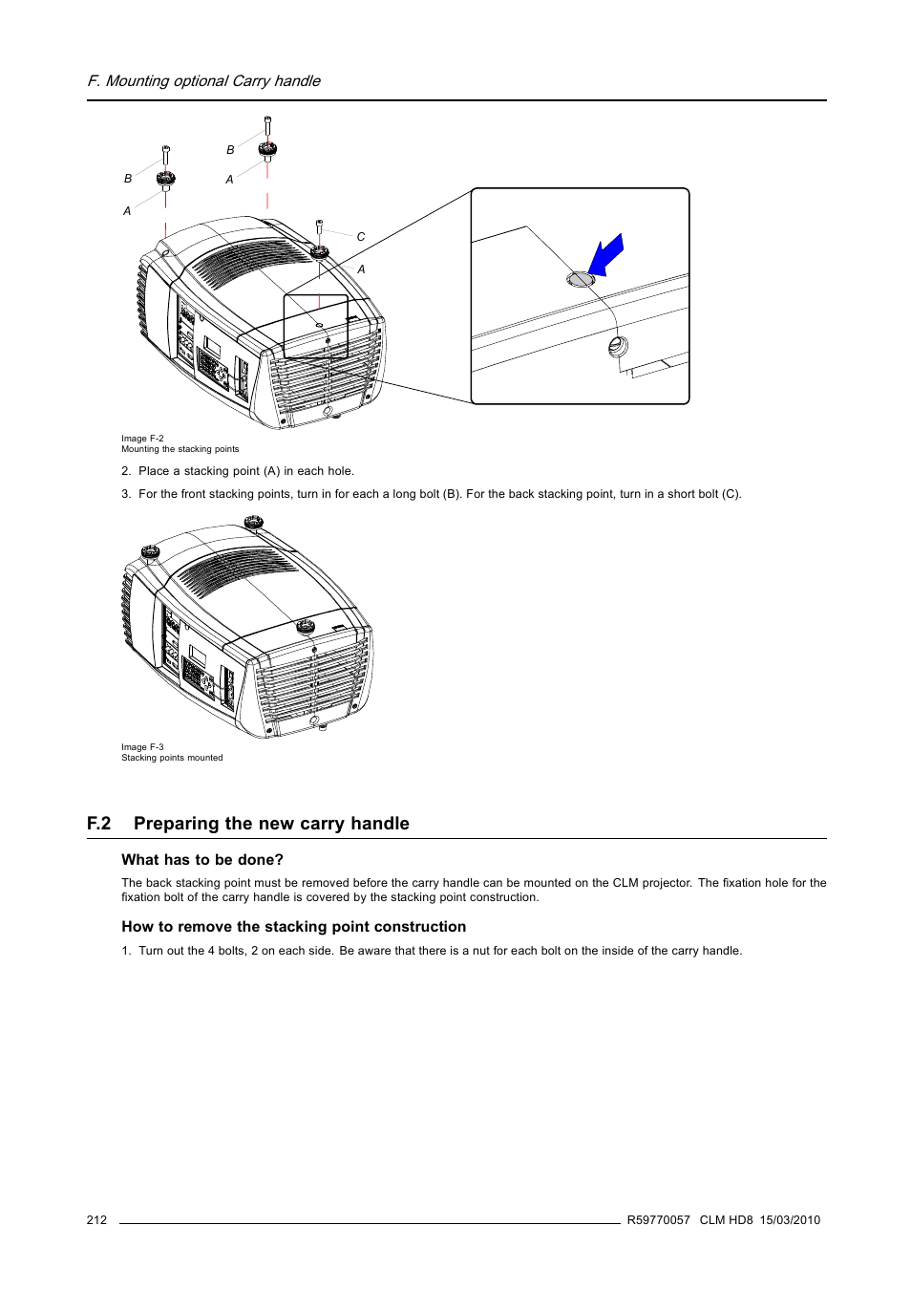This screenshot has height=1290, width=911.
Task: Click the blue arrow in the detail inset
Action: point(605,255)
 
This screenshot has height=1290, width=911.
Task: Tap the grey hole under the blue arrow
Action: point(581,279)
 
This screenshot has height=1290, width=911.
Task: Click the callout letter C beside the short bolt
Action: point(361,237)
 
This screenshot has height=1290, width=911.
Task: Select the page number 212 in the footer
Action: point(96,1220)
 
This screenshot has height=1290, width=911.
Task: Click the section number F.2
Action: point(99,824)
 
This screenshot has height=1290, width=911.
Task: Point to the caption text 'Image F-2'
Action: point(142,439)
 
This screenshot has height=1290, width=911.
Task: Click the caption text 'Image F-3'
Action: point(142,747)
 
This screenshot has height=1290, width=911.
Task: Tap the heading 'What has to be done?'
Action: point(202,860)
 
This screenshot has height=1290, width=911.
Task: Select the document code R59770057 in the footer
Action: point(658,1220)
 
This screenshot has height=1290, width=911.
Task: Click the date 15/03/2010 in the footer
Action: point(790,1220)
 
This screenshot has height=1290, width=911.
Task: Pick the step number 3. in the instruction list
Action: point(126,494)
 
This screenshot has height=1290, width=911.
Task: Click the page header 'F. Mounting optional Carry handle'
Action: point(204,81)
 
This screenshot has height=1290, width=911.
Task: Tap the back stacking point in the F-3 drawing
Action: point(305,627)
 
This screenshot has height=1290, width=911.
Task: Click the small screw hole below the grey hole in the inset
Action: point(618,346)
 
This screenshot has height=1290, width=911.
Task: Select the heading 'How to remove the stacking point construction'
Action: point(294,927)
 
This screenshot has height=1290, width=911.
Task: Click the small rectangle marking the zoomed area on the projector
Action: point(316,327)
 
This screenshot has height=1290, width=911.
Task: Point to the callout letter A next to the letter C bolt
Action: point(361,269)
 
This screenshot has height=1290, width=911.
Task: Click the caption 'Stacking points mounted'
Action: point(172,758)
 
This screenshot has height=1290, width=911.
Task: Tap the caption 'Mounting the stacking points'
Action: point(180,449)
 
